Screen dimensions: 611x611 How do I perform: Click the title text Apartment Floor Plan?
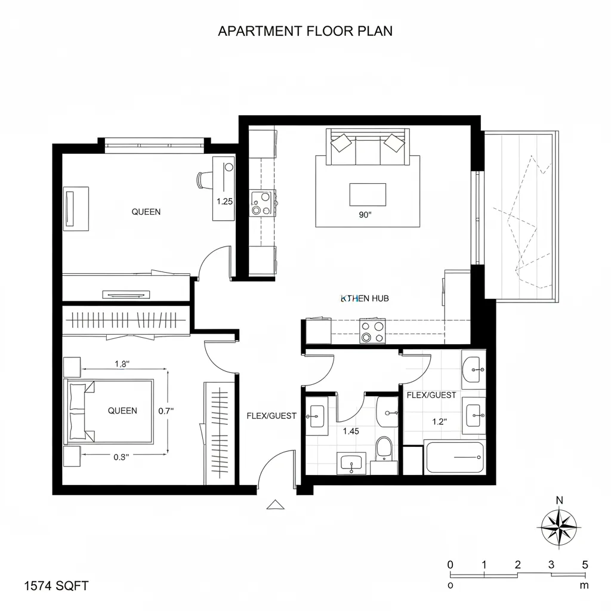pos(305,31)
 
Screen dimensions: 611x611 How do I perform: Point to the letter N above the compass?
pos(559,501)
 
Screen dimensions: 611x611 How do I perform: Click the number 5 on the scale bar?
pos(585,565)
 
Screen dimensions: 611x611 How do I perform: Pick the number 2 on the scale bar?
pos(517,565)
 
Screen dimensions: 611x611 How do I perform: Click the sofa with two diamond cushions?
pos(367,147)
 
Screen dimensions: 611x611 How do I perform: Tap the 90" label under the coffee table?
pos(365,216)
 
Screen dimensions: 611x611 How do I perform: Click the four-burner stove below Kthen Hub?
pos(372,331)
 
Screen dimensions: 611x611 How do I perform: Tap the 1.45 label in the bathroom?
pos(351,431)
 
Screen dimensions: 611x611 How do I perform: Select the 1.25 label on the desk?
pos(224,202)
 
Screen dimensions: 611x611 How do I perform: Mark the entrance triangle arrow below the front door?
pos(275,505)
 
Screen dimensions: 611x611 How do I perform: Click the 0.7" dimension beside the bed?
pos(166,411)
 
